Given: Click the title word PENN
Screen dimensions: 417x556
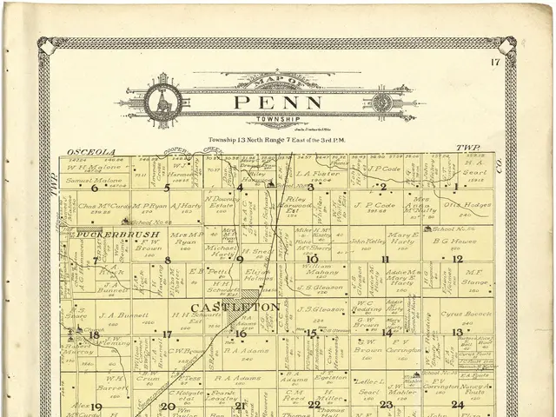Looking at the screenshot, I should coord(277,103).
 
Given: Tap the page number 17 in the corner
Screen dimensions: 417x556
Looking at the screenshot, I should coord(495,62).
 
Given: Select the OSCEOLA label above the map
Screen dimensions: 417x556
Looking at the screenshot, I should coord(85,151).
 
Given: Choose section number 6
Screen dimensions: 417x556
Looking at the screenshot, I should coord(94,187).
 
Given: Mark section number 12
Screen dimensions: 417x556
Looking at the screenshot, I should coord(457,259).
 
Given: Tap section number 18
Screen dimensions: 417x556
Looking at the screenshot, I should coord(94,334).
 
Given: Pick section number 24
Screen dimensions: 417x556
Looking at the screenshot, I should coord(457,405).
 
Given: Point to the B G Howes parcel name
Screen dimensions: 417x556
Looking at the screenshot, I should coord(454,242).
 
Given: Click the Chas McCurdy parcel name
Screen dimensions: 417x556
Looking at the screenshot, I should coord(104,207).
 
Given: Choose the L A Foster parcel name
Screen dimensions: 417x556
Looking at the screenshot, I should coord(318,173).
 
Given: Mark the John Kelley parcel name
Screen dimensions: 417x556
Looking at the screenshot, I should coord(367,241).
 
